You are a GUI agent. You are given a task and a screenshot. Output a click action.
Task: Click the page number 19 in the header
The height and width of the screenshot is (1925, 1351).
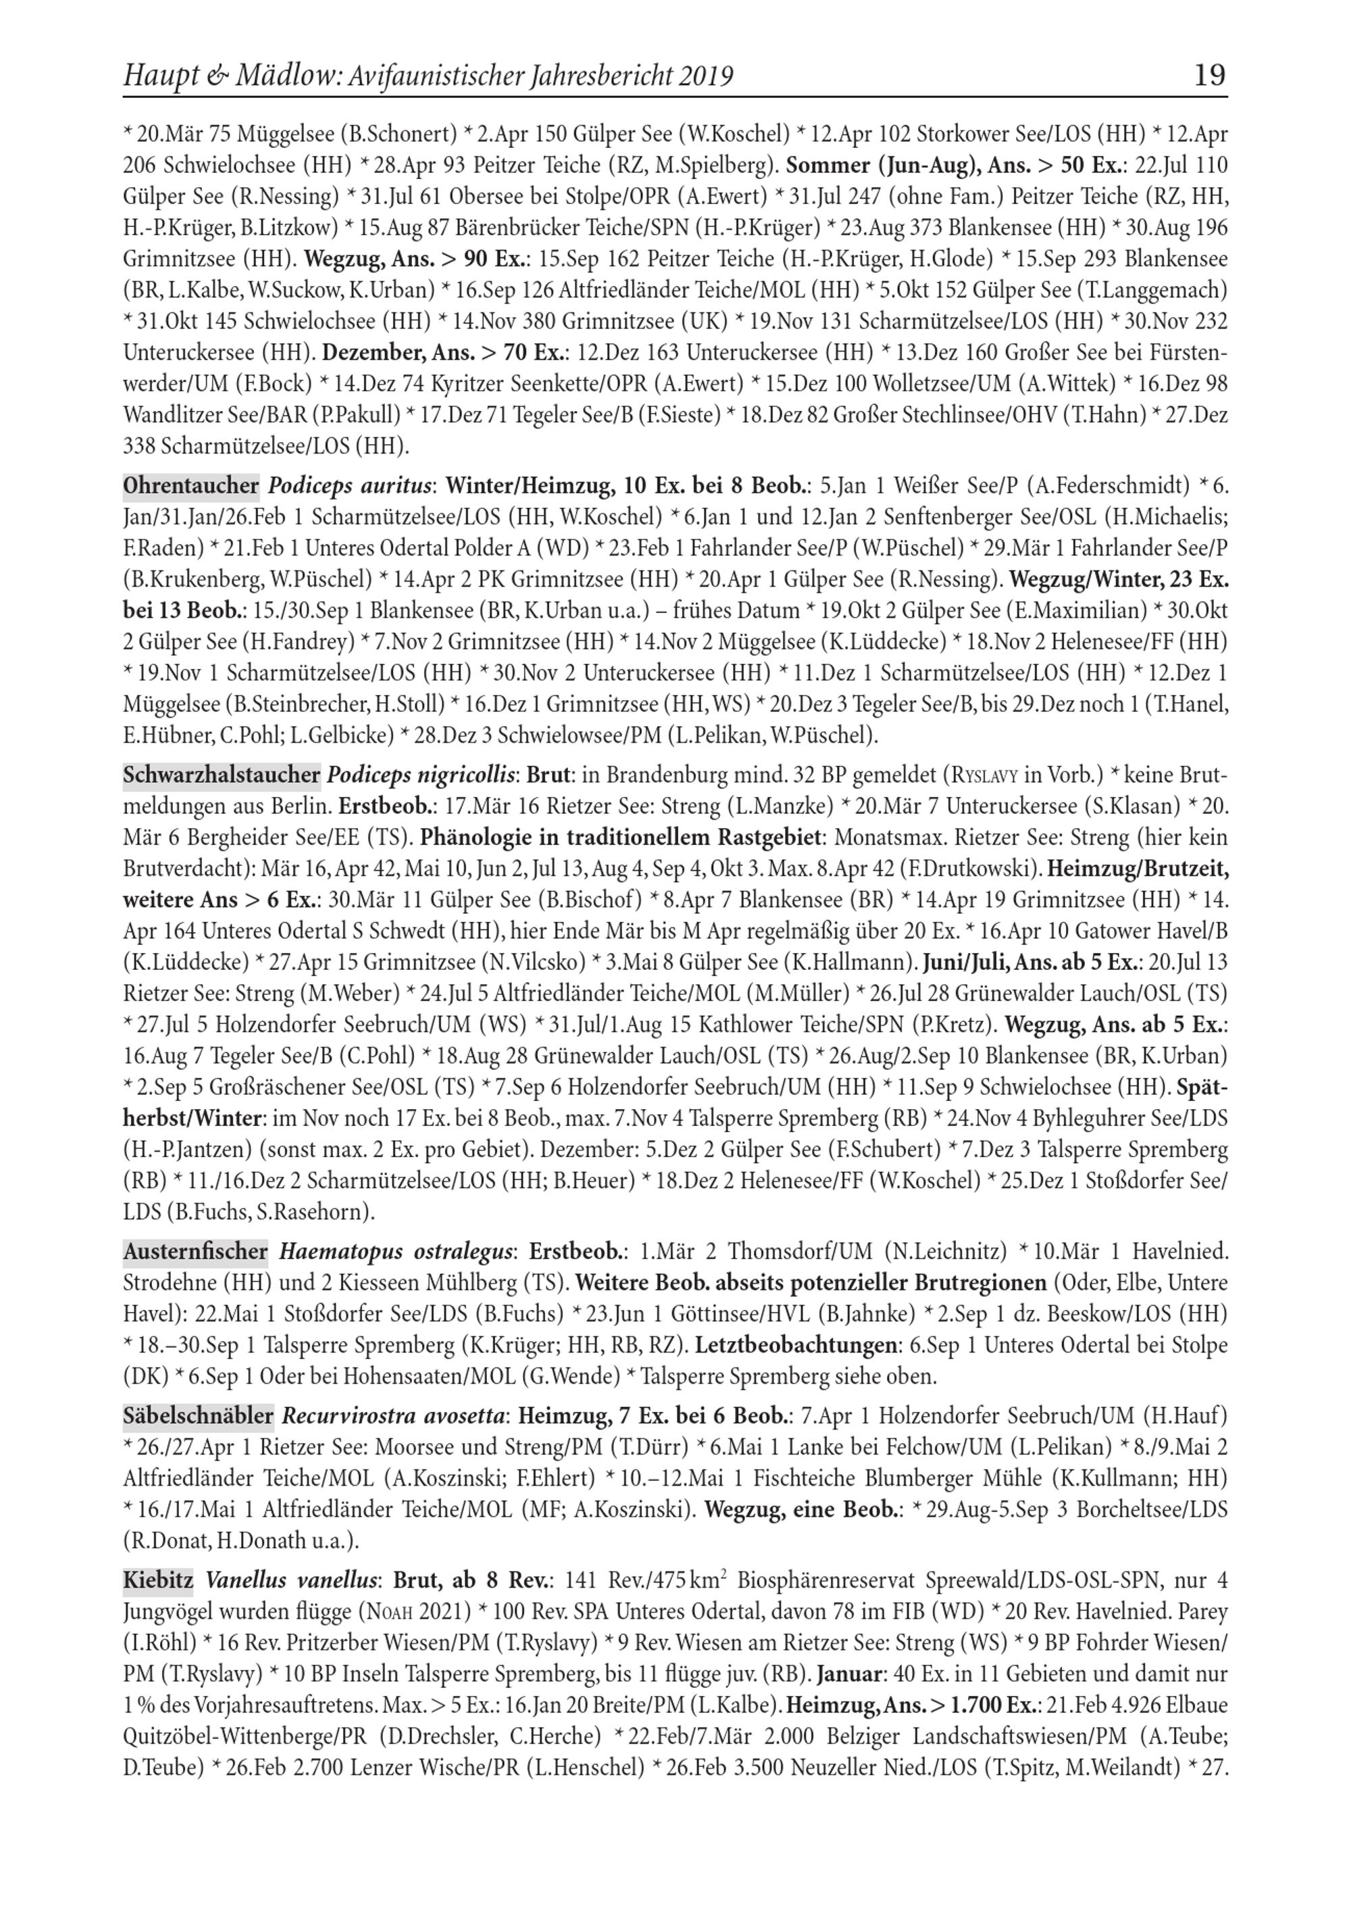tap(1208, 76)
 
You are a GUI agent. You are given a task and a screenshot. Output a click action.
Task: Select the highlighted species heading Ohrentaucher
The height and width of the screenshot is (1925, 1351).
tap(191, 485)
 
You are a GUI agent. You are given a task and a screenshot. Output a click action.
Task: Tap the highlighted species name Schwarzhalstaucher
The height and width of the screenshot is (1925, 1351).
tap(222, 775)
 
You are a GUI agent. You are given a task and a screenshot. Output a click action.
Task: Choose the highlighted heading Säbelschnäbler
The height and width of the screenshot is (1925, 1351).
tap(198, 1416)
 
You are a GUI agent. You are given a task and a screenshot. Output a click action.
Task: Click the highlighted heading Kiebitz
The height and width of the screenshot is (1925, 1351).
tap(157, 1580)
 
